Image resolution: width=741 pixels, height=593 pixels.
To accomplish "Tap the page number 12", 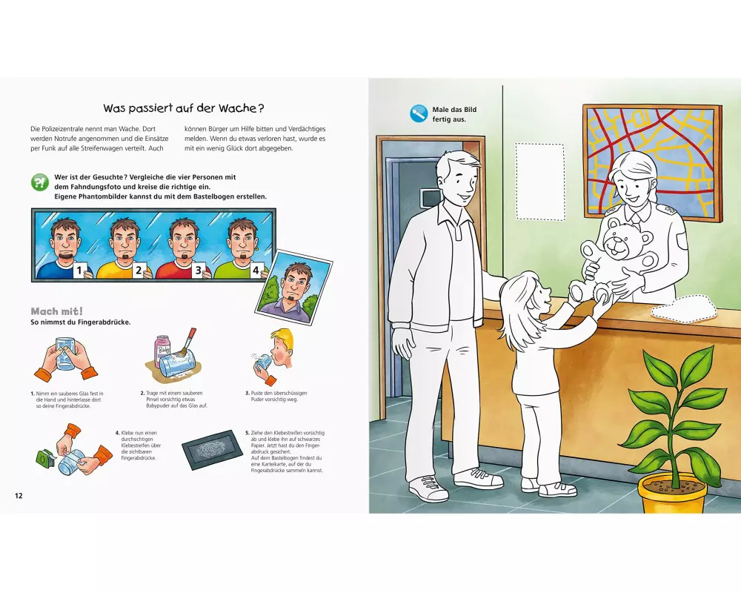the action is click(x=19, y=496).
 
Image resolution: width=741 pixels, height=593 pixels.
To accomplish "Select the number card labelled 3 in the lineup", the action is click(x=199, y=271).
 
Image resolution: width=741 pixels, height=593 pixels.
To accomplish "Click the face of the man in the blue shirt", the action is click(x=64, y=239).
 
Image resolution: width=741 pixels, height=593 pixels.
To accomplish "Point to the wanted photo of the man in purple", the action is click(x=294, y=287).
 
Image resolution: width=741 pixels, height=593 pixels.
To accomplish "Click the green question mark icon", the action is click(x=40, y=182).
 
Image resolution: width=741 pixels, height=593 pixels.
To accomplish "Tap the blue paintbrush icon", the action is click(x=419, y=114).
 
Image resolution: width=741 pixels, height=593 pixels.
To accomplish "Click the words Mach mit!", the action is click(x=57, y=311).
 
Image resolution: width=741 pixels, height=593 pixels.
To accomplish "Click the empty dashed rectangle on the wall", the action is click(x=540, y=182).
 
